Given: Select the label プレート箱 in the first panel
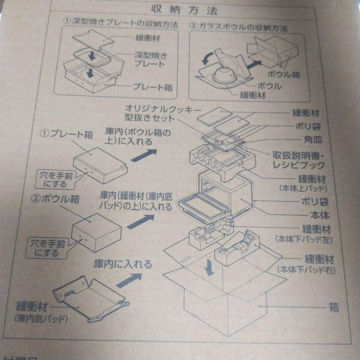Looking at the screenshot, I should click(153, 87).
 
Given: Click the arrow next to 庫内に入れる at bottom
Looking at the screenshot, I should click(130, 279).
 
